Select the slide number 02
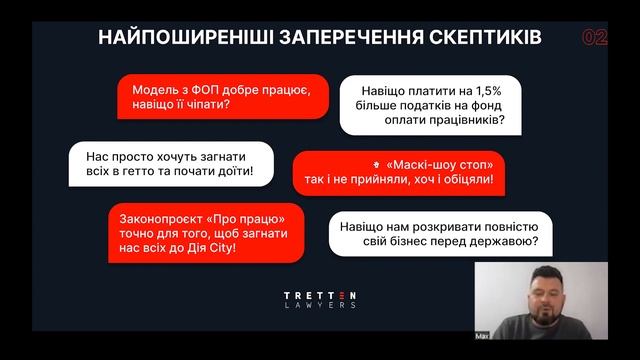point(594,38)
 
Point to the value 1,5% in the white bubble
point(472,89)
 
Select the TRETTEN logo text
point(319,296)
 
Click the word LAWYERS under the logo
point(319,306)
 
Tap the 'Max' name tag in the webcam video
point(483,336)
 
